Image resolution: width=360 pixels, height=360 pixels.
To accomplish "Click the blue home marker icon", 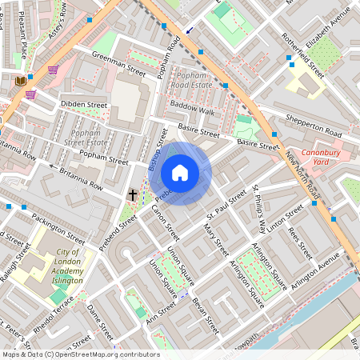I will point(180,173).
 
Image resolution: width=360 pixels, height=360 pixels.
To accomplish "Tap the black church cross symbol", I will point(134,194).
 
